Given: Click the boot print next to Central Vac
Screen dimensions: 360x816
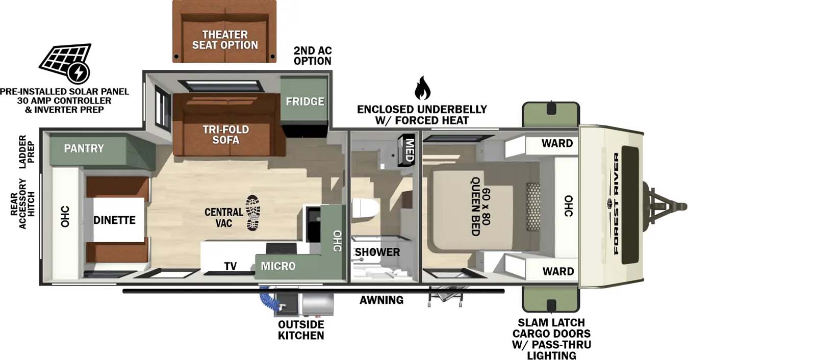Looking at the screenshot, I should pos(252,212).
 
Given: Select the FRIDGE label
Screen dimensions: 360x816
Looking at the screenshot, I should pos(304,101).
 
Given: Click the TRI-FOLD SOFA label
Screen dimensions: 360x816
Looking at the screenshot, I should pos(225,135).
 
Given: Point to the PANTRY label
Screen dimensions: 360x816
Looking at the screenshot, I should pos(84,148).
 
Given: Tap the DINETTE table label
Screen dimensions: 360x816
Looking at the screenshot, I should pos(114,220).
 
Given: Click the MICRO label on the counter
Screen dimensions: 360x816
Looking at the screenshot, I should pos(278,266).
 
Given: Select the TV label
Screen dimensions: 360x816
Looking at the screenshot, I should pos(230,266).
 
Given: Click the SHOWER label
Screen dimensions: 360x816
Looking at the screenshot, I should pos(377,252).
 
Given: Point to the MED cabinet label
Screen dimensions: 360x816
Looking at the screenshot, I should pos(409,150).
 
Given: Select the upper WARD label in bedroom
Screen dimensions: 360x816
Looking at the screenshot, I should pos(557,143).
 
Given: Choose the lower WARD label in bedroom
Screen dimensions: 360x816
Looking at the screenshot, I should pos(558,271).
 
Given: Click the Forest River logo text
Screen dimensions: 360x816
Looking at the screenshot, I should pos(616,204).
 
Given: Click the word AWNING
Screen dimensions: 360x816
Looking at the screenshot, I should pos(381,300).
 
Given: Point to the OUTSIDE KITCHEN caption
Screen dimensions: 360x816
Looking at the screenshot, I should pos(301,330).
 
